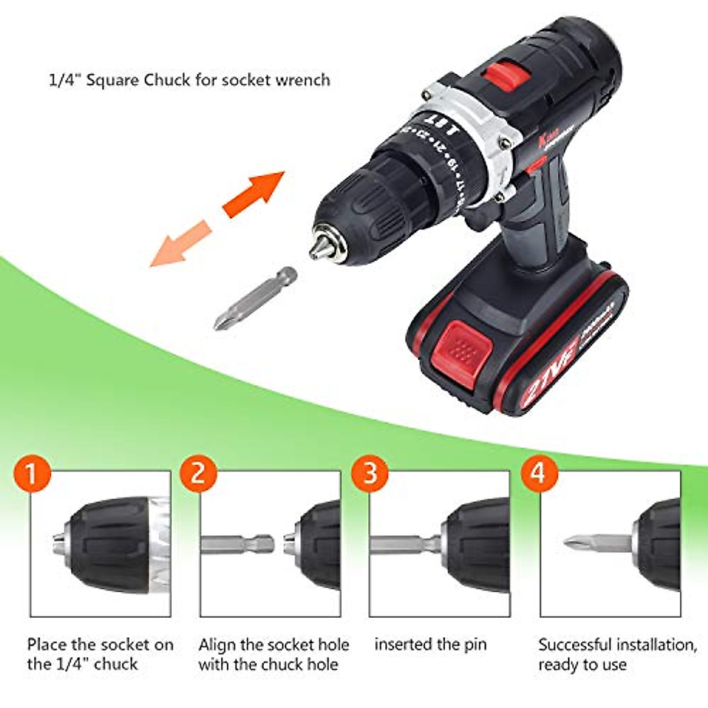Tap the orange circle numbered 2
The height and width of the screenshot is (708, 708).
coord(198,474)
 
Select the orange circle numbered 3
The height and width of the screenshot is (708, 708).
coord(370,474)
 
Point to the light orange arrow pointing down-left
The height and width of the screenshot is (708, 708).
coord(179,243)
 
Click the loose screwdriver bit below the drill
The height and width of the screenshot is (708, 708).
coord(254,299)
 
